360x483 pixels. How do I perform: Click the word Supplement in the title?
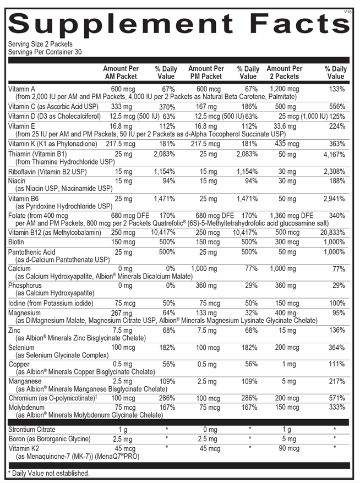(121, 24)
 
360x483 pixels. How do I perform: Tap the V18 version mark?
(348, 12)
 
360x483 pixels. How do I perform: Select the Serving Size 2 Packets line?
(40, 44)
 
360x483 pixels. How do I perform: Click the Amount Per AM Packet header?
(121, 73)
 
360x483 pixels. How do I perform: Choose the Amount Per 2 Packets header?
(285, 73)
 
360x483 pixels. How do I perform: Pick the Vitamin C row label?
(53, 107)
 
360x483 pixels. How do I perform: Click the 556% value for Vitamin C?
(337, 107)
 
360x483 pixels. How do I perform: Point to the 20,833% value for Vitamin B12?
(332, 233)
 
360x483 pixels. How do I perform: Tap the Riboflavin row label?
(47, 172)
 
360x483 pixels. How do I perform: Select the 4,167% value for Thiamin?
(334, 155)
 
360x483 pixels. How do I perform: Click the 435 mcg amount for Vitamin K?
(287, 144)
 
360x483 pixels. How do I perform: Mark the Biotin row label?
(16, 242)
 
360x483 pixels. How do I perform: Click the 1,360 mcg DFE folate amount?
(292, 216)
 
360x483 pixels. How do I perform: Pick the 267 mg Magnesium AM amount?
(122, 313)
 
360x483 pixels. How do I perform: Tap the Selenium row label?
(21, 348)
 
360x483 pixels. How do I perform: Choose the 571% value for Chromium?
(337, 398)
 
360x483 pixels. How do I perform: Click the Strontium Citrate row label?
(32, 430)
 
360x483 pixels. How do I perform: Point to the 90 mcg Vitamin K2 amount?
(289, 448)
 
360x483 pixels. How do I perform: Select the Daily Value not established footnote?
(48, 473)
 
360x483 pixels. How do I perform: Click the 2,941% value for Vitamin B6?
(334, 199)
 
